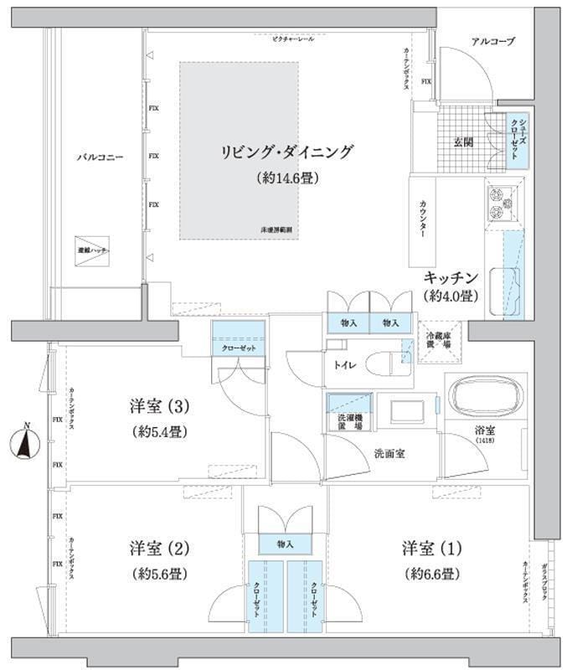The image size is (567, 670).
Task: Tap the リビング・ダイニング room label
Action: [x=287, y=152]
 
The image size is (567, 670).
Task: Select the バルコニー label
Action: [x=101, y=157]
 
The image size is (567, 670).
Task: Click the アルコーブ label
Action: [x=492, y=41]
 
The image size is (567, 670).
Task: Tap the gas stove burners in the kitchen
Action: [x=500, y=203]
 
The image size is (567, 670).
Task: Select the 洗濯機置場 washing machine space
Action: [x=343, y=414]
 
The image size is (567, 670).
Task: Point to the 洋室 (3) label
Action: [x=161, y=407]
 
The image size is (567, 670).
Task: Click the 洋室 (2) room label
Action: [x=161, y=549]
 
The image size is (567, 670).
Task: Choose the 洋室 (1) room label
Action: [x=431, y=549]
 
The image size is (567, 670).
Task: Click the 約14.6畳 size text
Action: [x=287, y=178]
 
